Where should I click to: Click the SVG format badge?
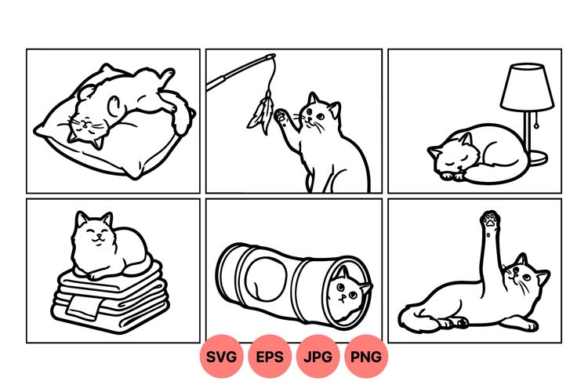(x=223, y=357)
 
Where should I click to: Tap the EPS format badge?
(x=270, y=357)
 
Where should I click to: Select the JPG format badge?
(x=318, y=357)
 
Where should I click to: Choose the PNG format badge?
(x=366, y=357)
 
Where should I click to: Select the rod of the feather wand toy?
(x=239, y=72)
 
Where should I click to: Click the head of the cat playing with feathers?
(x=321, y=113)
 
